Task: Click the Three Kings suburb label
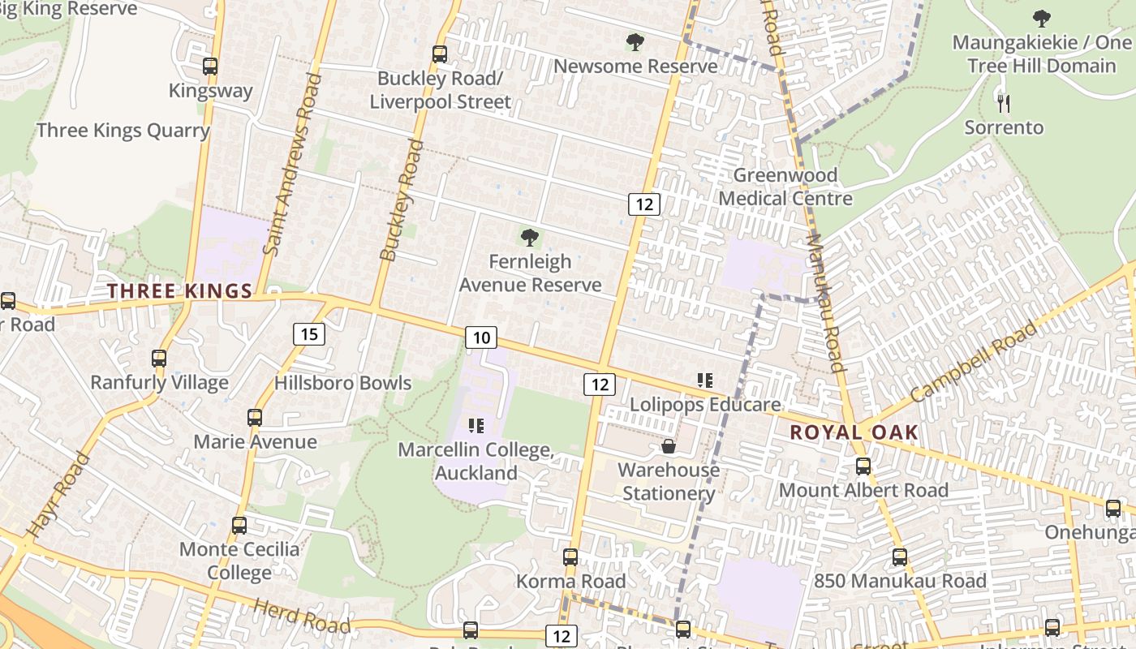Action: [x=180, y=291]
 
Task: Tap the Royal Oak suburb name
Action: [x=854, y=432]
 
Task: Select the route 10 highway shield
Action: [x=481, y=337]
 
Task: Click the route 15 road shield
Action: [x=309, y=333]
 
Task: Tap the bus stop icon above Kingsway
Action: [x=210, y=67]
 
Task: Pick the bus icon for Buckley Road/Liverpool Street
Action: [x=440, y=54]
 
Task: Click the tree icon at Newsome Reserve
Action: [x=635, y=41]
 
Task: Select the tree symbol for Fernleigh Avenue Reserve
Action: [x=530, y=238]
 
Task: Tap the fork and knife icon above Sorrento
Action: [x=1004, y=103]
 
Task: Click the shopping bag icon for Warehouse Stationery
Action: [x=669, y=446]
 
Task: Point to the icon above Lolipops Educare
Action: [x=704, y=380]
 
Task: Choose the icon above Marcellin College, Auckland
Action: [x=476, y=425]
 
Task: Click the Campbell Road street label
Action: [x=973, y=362]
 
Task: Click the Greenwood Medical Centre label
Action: [x=785, y=187]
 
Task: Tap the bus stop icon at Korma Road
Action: [x=570, y=557]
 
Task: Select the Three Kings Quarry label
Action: [x=123, y=131]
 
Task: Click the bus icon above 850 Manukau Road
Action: [x=900, y=557]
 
